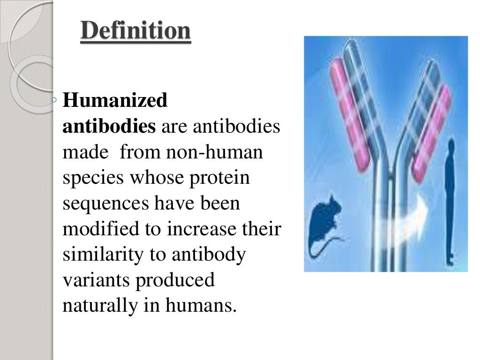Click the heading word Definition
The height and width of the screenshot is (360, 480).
tap(136, 32)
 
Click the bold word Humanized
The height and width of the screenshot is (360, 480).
tap(115, 101)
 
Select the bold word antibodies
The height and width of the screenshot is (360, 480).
tap(109, 127)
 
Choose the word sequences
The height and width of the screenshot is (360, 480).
tap(105, 204)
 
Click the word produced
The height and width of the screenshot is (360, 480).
tap(175, 281)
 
